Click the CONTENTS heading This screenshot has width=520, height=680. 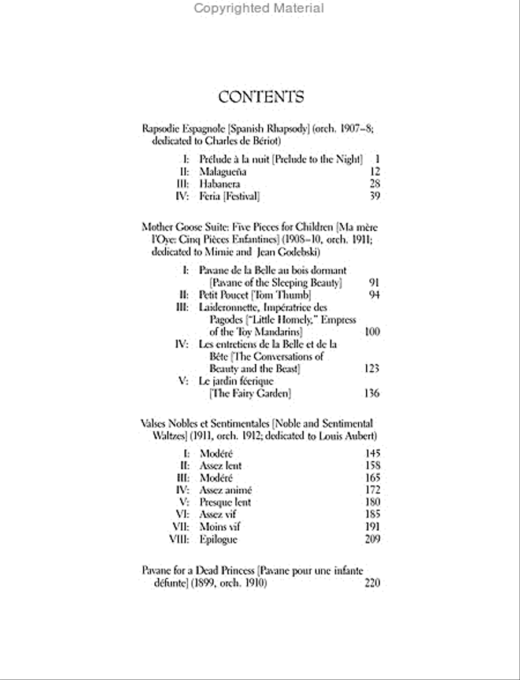tap(261, 97)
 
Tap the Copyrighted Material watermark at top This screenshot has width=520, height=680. tap(259, 8)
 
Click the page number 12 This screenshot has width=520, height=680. tap(374, 172)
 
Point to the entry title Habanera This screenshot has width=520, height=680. tap(220, 184)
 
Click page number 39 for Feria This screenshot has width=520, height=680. tap(374, 196)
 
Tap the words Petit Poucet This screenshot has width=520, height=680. tap(223, 295)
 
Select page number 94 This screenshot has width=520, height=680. tap(374, 295)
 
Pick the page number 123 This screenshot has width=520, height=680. tap(372, 368)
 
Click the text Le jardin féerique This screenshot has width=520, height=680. tap(236, 381)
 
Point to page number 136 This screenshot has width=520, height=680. tap(372, 394)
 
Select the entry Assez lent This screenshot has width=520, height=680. tap(221, 465)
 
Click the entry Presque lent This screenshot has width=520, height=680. tap(225, 502)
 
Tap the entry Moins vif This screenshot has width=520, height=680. tap(220, 527)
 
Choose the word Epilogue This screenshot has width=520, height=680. tap(218, 539)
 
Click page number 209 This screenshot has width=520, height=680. tap(373, 539)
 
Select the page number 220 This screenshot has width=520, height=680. tap(373, 583)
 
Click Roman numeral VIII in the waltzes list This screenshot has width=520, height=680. tap(180, 539)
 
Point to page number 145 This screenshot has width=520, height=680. tap(373, 454)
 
